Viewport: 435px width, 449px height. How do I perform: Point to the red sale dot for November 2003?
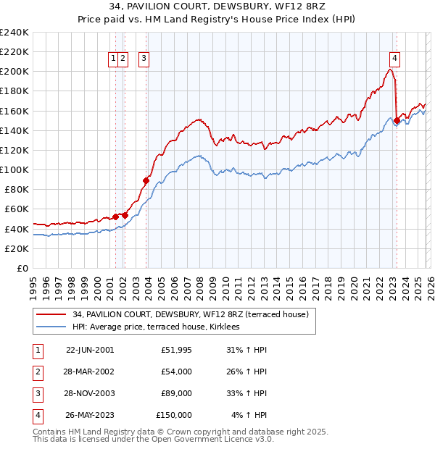coord(146,180)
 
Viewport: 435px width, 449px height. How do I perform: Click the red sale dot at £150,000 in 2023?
coord(397,121)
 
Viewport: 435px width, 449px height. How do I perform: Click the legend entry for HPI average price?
coord(160,327)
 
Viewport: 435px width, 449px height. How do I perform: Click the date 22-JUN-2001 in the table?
coord(90,349)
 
